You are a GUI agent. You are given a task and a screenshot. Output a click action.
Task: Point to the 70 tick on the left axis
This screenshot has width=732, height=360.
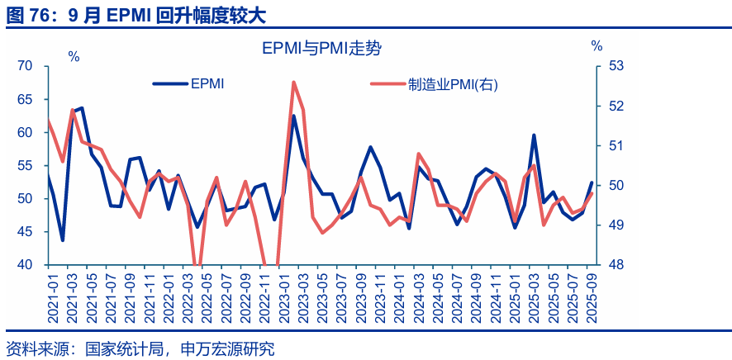coord(25,66)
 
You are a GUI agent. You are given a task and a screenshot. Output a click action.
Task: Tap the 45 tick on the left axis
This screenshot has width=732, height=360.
coord(25,232)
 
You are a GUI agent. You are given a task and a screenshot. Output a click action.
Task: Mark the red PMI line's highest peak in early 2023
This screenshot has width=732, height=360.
coord(293,83)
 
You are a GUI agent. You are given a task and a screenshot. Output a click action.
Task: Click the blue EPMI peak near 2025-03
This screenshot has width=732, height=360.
coord(534,135)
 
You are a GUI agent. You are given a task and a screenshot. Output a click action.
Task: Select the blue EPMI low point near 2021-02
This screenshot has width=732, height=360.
coord(63,240)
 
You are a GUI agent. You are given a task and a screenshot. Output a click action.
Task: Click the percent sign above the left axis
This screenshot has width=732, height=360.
coord(74,57)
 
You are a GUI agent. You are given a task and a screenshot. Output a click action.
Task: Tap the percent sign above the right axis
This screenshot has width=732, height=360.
coord(597,46)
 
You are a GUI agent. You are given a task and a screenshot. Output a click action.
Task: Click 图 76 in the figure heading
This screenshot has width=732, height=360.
coord(26,14)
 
